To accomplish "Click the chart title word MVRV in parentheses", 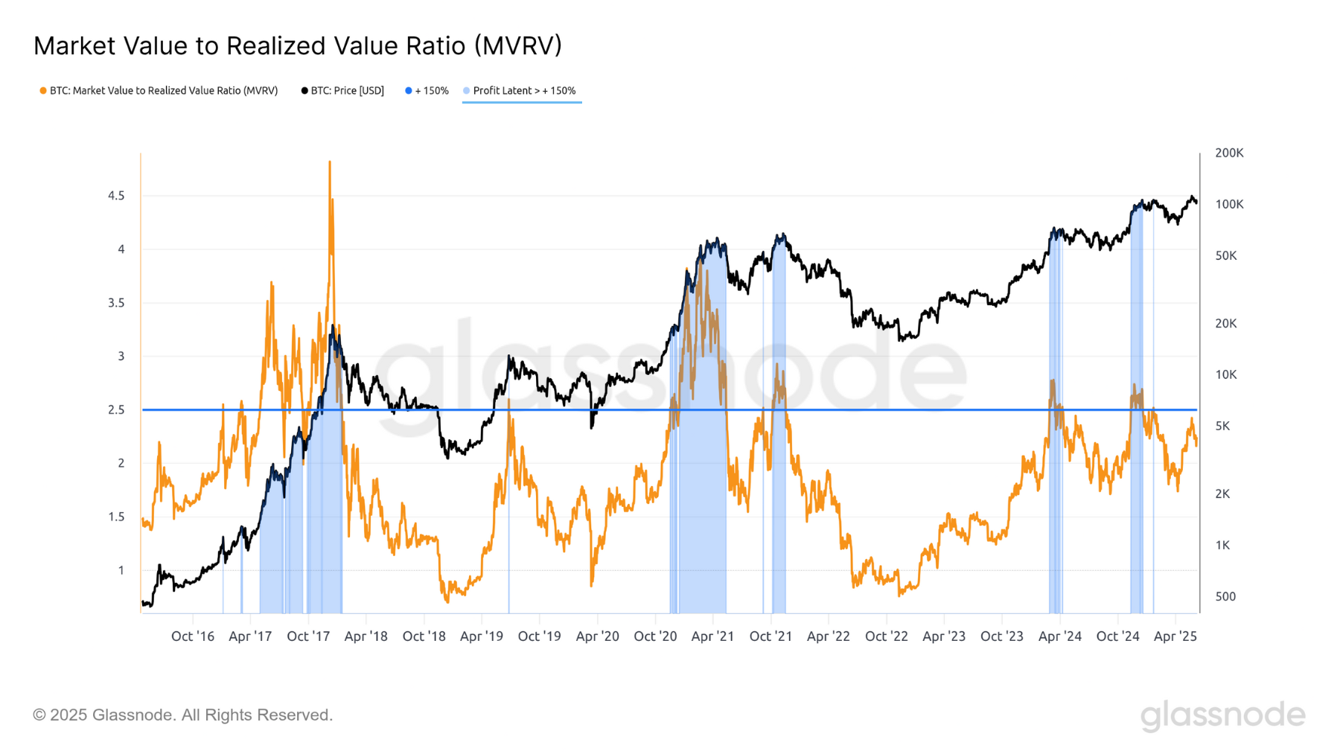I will pos(518,46).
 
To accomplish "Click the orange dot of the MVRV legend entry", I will pos(43,91).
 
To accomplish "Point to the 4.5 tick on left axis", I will pos(116,196).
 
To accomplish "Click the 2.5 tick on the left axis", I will pos(116,409).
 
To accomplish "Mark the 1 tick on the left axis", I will pos(121,570).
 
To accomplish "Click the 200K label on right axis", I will pos(1229,153).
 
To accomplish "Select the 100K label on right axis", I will pos(1229,205).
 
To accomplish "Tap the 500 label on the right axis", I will pos(1225,596).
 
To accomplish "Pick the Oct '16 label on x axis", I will pos(193,636).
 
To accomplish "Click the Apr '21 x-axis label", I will pos(712,636).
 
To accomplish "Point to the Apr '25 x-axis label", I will pos(1175,636).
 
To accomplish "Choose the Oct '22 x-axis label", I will pos(886,636).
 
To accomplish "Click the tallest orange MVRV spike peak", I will pos(330,163).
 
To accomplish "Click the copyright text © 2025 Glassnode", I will pos(182,715).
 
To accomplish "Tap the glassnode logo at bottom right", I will pos(1222,715).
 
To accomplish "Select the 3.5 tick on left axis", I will pos(116,303).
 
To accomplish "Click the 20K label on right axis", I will pos(1226,324).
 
